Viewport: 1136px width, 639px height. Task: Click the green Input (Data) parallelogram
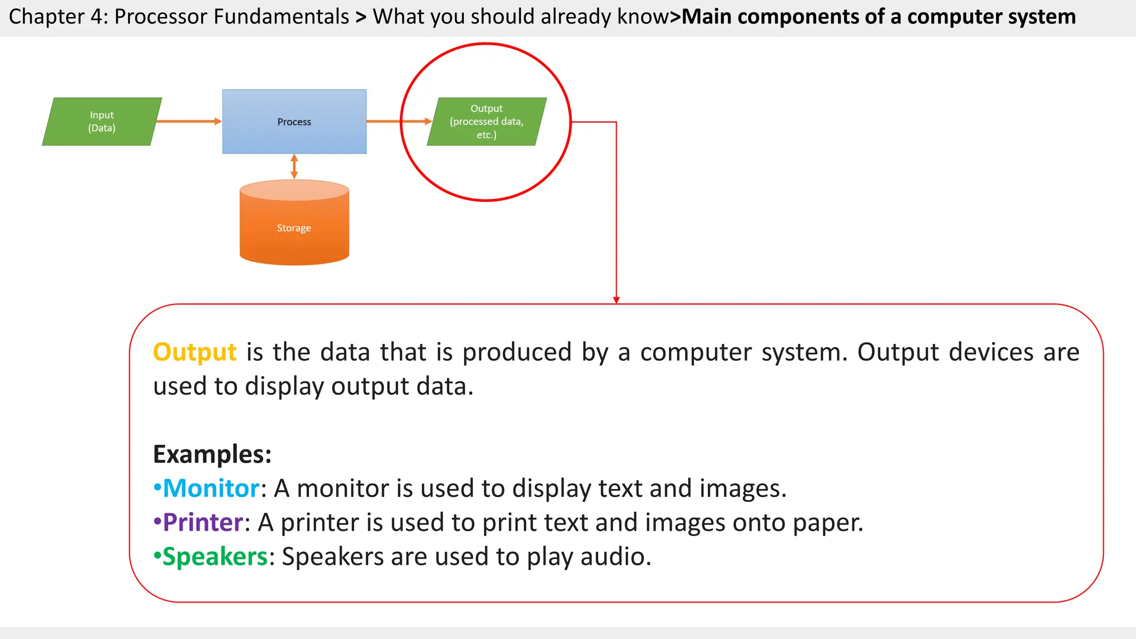[x=102, y=121]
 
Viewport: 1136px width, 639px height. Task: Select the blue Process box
[x=294, y=121]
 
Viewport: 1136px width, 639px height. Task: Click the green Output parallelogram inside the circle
[x=486, y=121]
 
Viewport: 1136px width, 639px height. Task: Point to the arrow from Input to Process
[x=189, y=121]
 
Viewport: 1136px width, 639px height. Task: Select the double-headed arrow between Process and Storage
[x=294, y=166]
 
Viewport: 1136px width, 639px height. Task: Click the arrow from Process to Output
[x=398, y=121]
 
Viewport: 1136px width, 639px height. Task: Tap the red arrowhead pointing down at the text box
[x=616, y=300]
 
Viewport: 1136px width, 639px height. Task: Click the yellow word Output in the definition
[x=195, y=352]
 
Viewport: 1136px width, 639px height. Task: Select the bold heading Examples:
[x=212, y=454]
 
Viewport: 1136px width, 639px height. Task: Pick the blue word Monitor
[x=211, y=489]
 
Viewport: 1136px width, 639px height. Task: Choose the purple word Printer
[x=203, y=523]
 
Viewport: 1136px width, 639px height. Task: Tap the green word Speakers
[x=215, y=557]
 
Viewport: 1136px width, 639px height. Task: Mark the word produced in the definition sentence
[x=517, y=353]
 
